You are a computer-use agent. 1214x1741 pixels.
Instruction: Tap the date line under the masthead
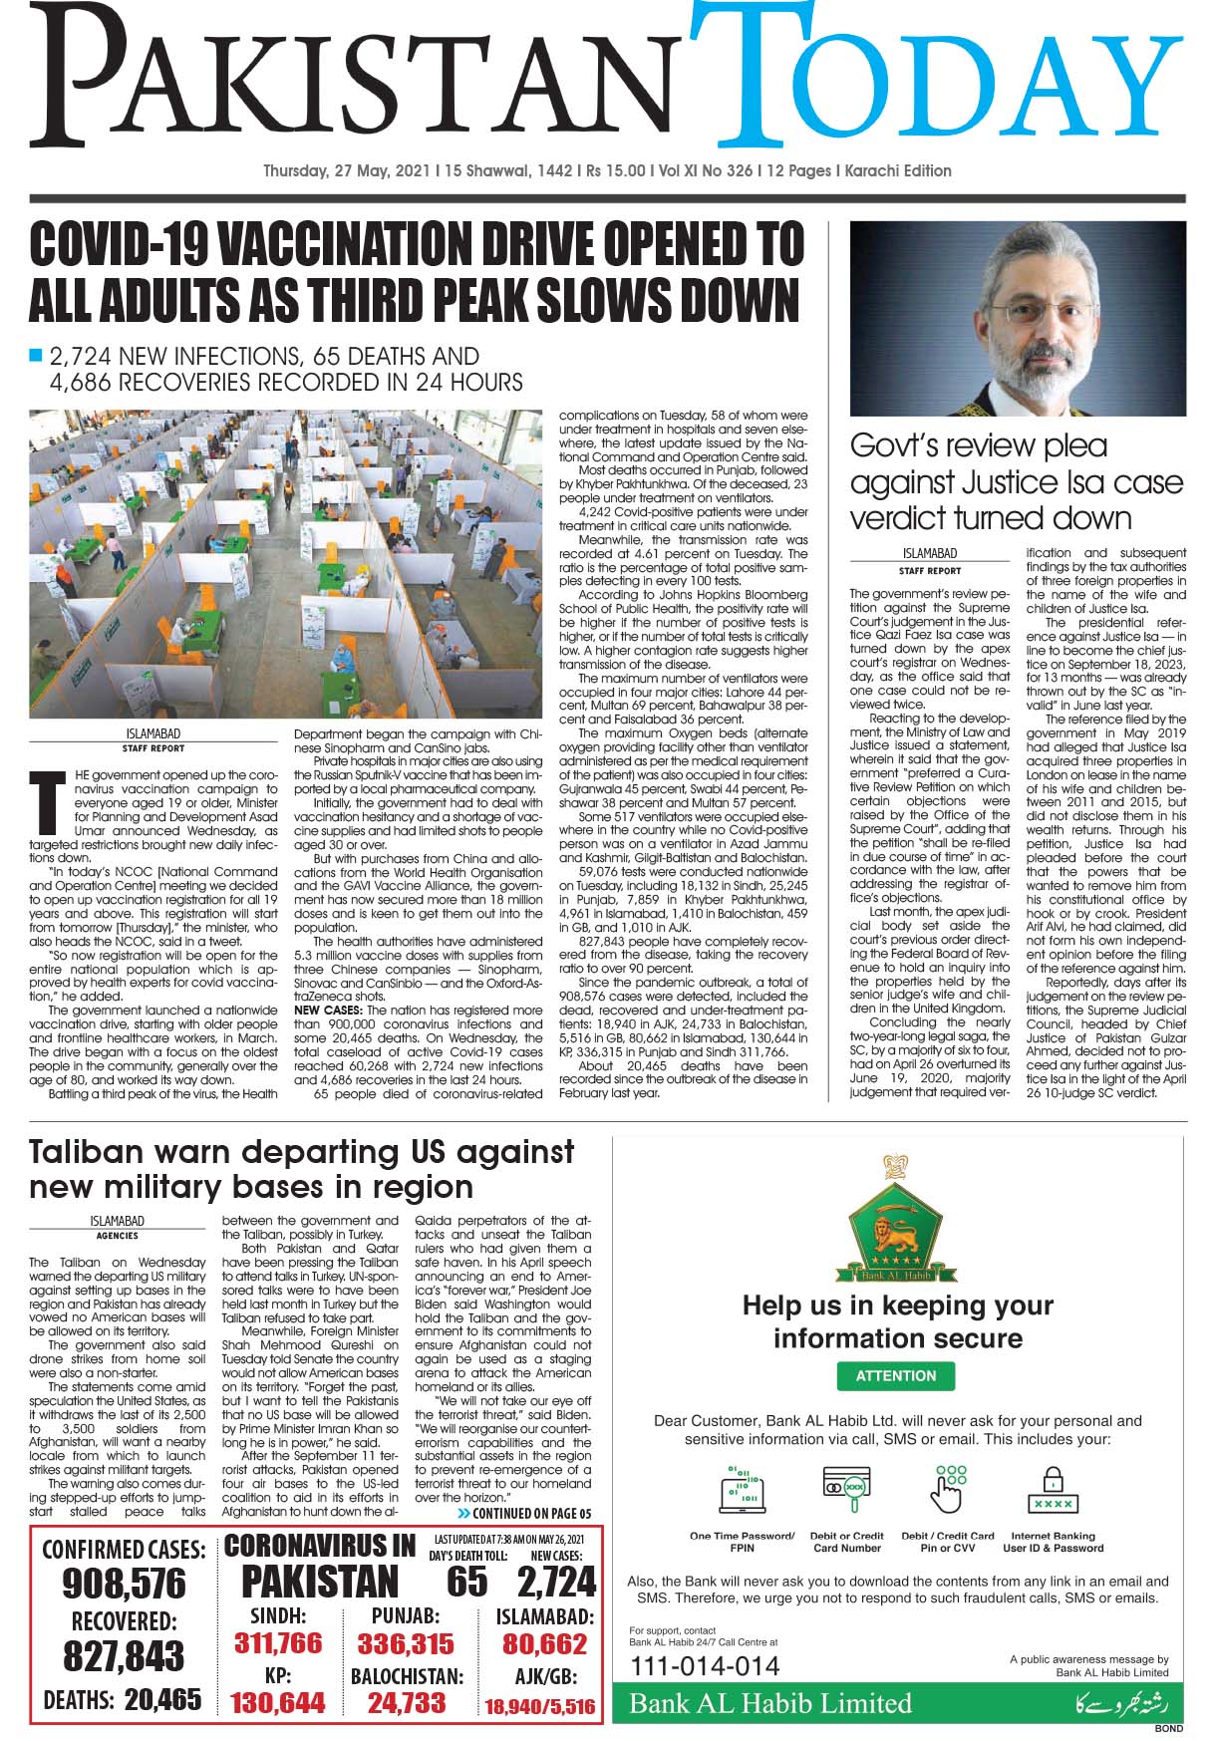(x=606, y=170)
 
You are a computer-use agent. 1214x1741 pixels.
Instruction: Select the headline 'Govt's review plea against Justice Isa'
(x=1016, y=482)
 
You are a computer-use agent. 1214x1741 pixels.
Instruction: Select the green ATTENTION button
(x=895, y=1375)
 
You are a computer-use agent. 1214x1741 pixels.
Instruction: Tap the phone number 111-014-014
(x=705, y=1665)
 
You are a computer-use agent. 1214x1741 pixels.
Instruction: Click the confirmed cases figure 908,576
(x=124, y=1584)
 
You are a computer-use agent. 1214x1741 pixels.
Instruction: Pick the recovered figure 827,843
(x=124, y=1656)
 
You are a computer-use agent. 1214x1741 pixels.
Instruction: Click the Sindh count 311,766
(x=278, y=1643)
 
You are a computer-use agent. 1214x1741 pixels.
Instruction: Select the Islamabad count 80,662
(x=544, y=1643)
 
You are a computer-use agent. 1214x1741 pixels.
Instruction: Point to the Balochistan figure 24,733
(x=406, y=1703)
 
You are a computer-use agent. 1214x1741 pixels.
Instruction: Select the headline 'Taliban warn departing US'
(x=302, y=1169)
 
